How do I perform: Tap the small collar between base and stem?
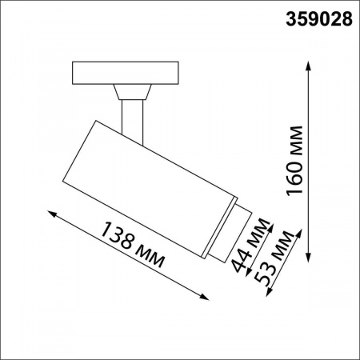coord(132,90)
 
